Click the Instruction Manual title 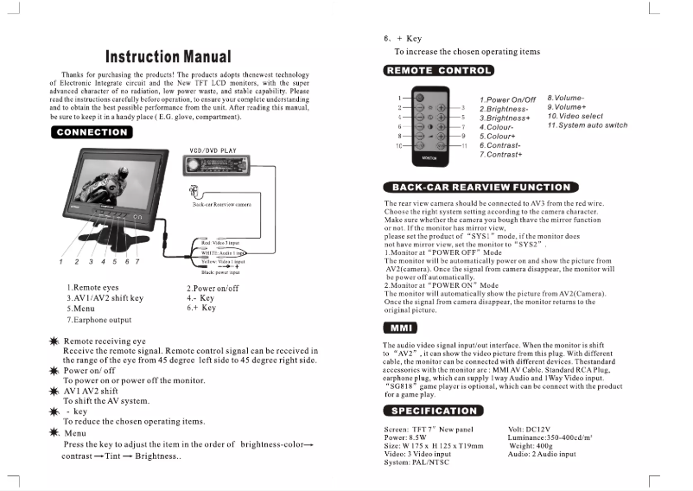click(168, 57)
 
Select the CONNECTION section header click(92, 132)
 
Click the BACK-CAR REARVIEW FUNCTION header click(481, 187)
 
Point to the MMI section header click(400, 328)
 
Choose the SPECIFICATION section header click(432, 410)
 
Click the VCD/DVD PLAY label click(212, 150)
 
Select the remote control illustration click(429, 127)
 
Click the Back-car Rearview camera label click(221, 205)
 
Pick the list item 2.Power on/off click(213, 288)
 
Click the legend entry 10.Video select click(575, 116)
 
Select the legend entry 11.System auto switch click(587, 125)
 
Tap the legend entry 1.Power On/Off click(507, 100)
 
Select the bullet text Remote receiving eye click(105, 341)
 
